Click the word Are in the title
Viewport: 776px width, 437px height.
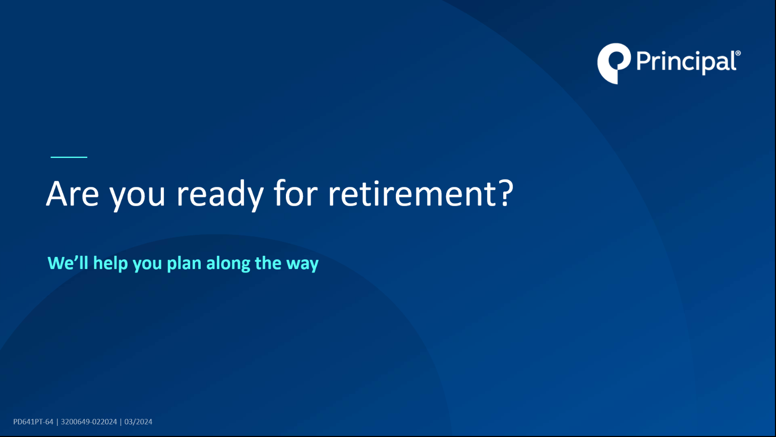click(73, 194)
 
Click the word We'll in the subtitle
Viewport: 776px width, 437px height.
click(68, 263)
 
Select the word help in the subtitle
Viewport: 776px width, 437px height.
click(110, 263)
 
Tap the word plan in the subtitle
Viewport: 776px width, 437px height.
click(184, 263)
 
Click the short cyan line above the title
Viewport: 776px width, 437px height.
click(69, 157)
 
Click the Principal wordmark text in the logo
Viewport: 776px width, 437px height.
click(686, 63)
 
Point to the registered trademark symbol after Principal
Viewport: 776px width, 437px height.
click(738, 53)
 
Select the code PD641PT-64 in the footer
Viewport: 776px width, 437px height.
click(33, 422)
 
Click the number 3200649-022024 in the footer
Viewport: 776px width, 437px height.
click(89, 422)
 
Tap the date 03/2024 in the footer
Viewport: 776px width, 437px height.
click(138, 422)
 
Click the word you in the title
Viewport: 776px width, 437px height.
click(137, 197)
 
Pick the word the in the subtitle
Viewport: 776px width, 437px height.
click(268, 263)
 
